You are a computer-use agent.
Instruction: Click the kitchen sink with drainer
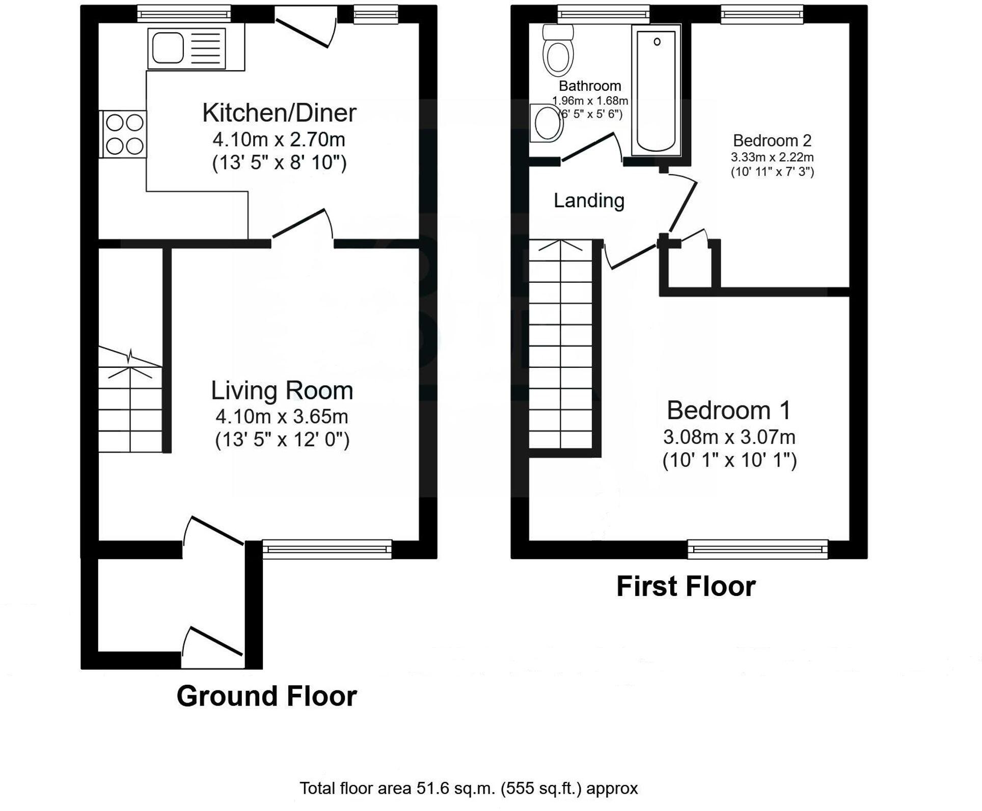[x=186, y=48]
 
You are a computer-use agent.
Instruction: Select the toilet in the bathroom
[x=558, y=51]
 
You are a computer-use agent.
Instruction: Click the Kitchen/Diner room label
[x=279, y=113]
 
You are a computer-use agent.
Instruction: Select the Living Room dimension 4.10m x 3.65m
[x=282, y=417]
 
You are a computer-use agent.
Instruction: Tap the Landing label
[x=589, y=201]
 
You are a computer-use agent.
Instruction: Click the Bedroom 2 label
[x=772, y=141]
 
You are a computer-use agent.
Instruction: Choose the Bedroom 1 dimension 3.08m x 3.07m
[x=729, y=437]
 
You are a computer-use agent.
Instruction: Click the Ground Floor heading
[x=266, y=696]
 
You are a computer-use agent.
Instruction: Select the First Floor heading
[x=686, y=586]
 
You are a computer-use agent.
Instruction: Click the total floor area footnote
[x=468, y=789]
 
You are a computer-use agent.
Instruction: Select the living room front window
[x=326, y=549]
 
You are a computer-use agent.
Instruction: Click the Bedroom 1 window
[x=757, y=549]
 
